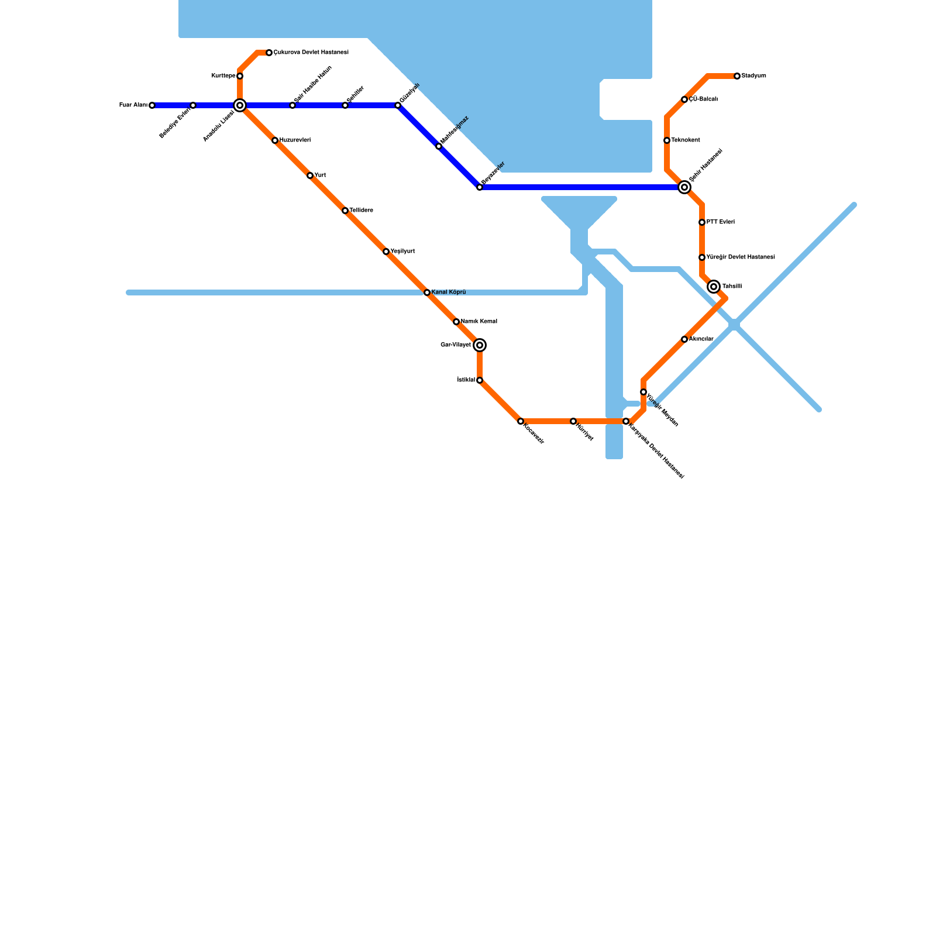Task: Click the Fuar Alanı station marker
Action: (152, 105)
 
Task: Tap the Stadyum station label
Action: (753, 76)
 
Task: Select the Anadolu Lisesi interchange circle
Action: (240, 105)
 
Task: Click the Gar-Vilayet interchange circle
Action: (480, 345)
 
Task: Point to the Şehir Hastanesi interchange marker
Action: (684, 187)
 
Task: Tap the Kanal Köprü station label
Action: (449, 292)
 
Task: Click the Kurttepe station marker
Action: (240, 76)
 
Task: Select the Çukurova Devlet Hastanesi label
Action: (311, 53)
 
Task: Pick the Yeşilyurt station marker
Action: (386, 252)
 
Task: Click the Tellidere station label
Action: (361, 211)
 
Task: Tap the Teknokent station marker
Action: (667, 140)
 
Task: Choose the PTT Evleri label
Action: (720, 222)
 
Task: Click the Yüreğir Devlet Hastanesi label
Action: (741, 257)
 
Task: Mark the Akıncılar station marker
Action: (684, 339)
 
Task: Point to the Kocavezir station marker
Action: (521, 421)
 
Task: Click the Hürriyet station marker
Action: (573, 421)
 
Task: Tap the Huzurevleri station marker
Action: (275, 140)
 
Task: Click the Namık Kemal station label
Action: (479, 322)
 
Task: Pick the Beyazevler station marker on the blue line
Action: (480, 187)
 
